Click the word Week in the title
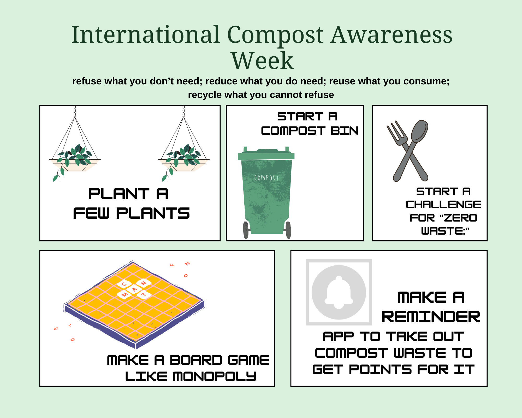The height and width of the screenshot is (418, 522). point(262,61)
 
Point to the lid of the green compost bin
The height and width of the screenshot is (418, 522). point(266,154)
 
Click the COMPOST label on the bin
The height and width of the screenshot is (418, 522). point(266,178)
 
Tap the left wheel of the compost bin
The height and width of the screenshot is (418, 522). point(246,230)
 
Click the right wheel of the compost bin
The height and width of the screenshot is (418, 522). point(288,230)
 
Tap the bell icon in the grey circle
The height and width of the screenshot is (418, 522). point(339,292)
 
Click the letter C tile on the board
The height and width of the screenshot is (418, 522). point(124,284)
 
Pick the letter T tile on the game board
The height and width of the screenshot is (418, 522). point(144,295)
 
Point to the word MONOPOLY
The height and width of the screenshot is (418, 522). point(215,376)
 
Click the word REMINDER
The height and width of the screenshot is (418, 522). point(431,317)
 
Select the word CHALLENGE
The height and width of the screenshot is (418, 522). point(443,205)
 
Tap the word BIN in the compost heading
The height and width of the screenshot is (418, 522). point(345,131)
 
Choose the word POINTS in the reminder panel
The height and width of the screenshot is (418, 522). point(381,369)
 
